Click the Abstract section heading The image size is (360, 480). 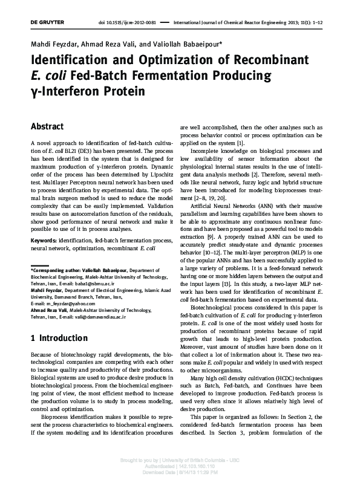[x=47, y=127]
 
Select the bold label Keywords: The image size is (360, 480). [x=44, y=241]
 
